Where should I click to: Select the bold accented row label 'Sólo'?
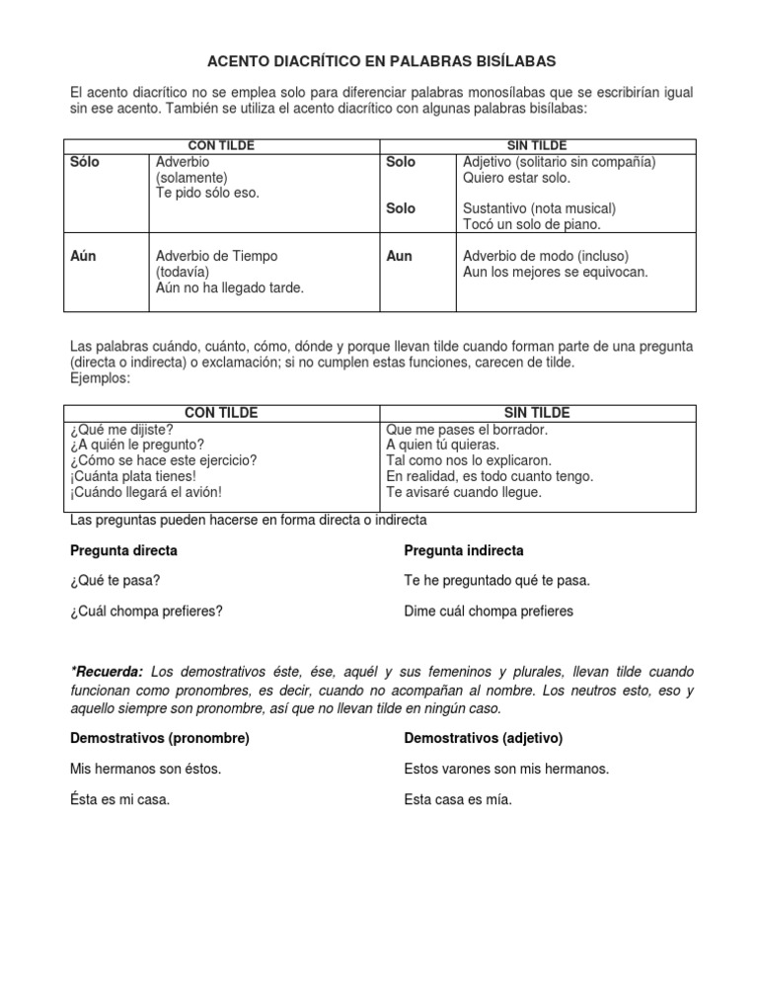[x=86, y=162]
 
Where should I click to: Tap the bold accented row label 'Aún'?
[x=84, y=256]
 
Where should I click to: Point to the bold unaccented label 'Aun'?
[x=399, y=256]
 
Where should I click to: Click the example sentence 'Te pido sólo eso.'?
[x=207, y=193]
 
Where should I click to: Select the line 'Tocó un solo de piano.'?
[x=531, y=224]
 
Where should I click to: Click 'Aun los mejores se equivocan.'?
[x=556, y=272]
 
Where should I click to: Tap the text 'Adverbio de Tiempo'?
[x=216, y=256]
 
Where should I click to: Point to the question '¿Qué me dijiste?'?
[x=121, y=429]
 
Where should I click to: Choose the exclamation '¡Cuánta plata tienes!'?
[x=133, y=476]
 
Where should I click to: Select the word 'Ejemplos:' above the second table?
[x=100, y=377]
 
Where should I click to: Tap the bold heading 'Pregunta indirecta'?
[x=464, y=550]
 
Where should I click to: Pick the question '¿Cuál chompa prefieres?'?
[x=146, y=611]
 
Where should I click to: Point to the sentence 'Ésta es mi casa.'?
[x=120, y=800]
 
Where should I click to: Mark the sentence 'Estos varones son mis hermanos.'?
[x=506, y=769]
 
